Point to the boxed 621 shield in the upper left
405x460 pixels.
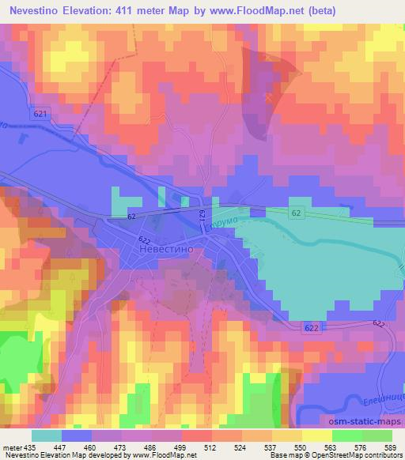[x=40, y=114]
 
